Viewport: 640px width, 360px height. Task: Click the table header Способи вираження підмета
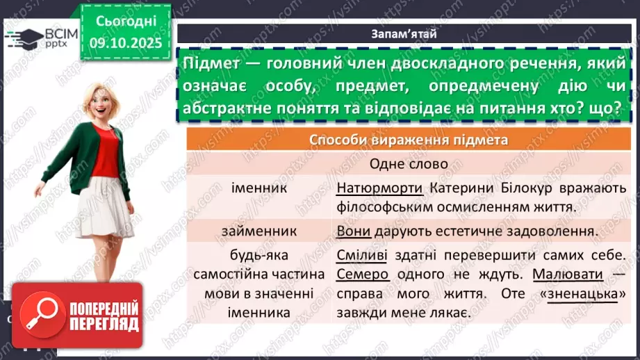(x=408, y=140)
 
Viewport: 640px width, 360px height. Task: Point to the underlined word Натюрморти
(x=379, y=188)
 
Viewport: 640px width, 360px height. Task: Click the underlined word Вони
(x=352, y=230)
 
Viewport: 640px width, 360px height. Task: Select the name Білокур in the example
(x=527, y=188)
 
